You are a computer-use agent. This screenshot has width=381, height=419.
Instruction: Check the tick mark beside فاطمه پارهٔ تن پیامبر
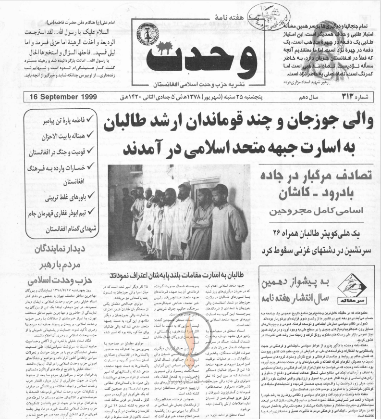[x=90, y=117]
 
